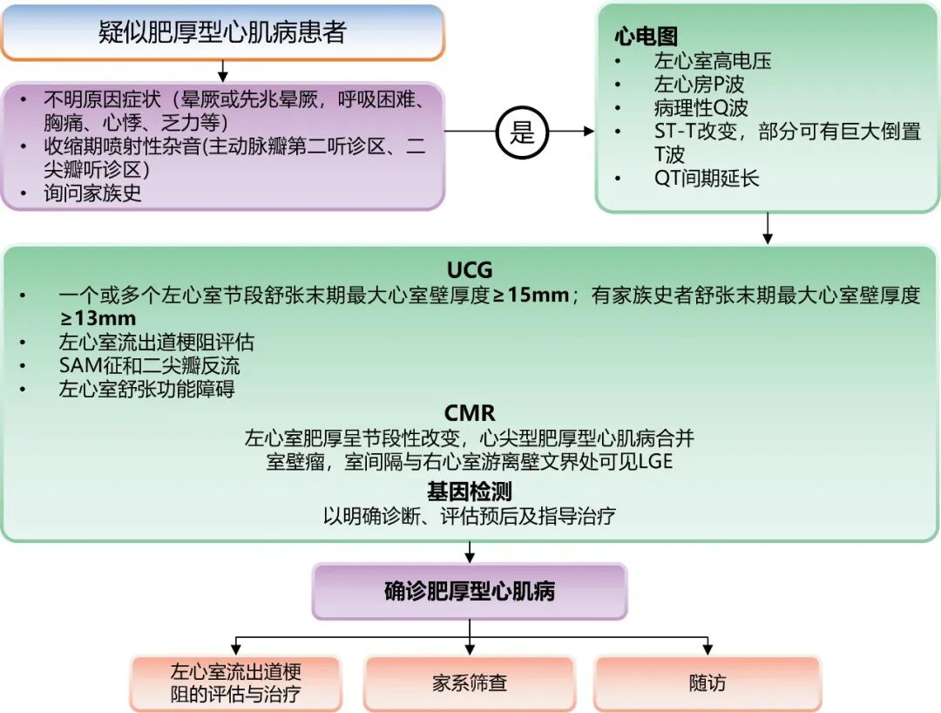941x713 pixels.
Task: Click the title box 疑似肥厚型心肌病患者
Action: coord(223,32)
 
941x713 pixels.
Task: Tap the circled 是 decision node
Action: coord(522,132)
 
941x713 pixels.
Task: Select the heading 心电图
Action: coord(645,37)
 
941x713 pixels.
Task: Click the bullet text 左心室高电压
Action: coord(713,61)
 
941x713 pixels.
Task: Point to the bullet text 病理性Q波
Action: coord(701,107)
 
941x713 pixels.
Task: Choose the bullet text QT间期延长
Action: coord(707,178)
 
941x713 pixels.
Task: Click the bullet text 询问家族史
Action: coord(92,194)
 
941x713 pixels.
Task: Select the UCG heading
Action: coord(470,270)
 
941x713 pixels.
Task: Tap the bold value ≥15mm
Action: coord(531,295)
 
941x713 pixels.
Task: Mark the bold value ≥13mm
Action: coord(98,318)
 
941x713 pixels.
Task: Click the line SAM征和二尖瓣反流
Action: coord(150,365)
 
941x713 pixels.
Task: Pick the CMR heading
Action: coord(470,413)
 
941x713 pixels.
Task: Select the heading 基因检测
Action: coord(470,492)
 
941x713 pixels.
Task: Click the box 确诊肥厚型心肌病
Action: coord(470,592)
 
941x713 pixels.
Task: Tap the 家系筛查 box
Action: coord(470,683)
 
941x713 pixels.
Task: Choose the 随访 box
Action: coord(707,683)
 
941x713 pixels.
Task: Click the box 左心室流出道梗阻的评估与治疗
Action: coord(235,683)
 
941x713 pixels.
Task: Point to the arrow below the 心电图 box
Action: coord(767,228)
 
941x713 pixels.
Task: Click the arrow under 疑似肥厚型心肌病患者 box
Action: coord(223,71)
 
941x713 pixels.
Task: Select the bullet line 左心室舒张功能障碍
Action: coord(146,389)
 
